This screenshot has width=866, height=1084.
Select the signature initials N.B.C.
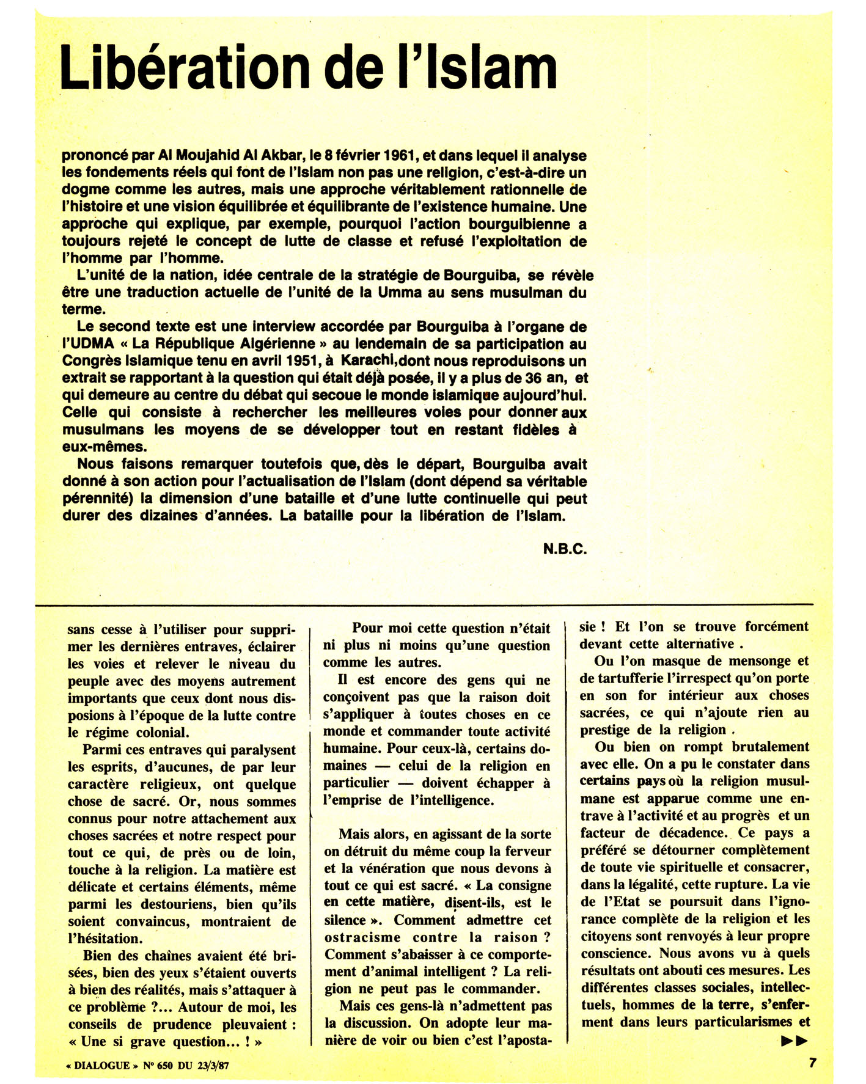click(565, 549)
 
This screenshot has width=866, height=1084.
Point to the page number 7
click(812, 1062)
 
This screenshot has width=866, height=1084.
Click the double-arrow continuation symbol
click(794, 1041)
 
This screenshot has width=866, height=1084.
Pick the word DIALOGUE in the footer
click(102, 1066)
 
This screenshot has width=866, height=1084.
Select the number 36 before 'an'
click(525, 378)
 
